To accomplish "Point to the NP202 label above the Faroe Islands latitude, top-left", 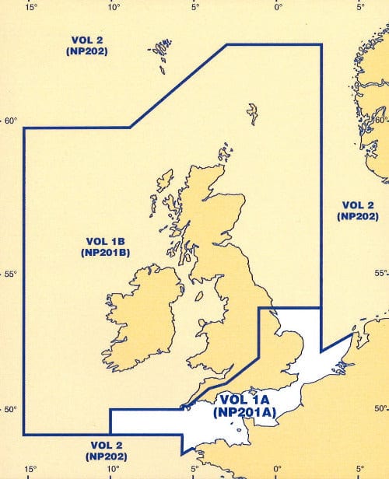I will [86, 51].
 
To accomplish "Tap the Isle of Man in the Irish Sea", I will [200, 296].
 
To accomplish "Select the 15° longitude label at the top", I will [30, 7].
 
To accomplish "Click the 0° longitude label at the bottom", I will [278, 470].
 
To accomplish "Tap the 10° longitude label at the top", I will [114, 7].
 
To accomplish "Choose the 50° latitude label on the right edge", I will [380, 409].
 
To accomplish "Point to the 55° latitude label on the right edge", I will [380, 274].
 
